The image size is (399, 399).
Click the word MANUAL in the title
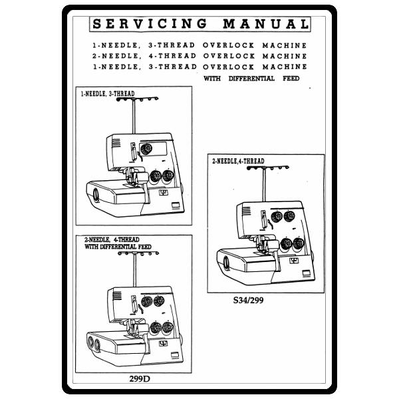pos(265,25)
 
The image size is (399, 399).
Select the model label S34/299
pos(248,299)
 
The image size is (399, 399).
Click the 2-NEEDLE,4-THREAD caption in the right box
pos(238,162)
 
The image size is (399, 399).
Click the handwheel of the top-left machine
pos(96,194)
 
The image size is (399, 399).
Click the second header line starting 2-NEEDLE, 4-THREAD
pos(199,57)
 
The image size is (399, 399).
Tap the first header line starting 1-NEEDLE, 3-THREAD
pos(199,45)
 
